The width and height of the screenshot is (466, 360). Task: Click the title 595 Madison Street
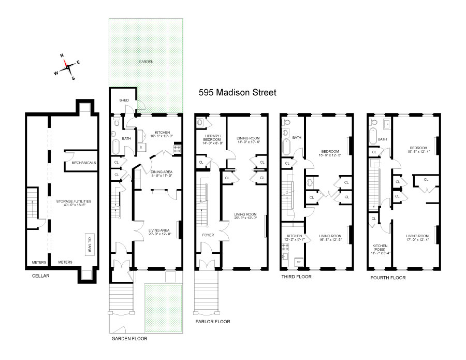click(x=238, y=93)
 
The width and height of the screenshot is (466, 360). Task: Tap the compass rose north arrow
click(x=64, y=60)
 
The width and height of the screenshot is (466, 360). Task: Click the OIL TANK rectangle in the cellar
click(x=90, y=242)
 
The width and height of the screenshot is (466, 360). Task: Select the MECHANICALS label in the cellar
click(x=84, y=163)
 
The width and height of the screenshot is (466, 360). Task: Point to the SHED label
click(x=124, y=100)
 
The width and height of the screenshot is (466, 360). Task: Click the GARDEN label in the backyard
click(x=145, y=62)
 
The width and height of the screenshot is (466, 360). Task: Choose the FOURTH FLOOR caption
click(x=388, y=278)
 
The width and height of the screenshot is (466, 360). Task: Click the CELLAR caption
click(x=40, y=276)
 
